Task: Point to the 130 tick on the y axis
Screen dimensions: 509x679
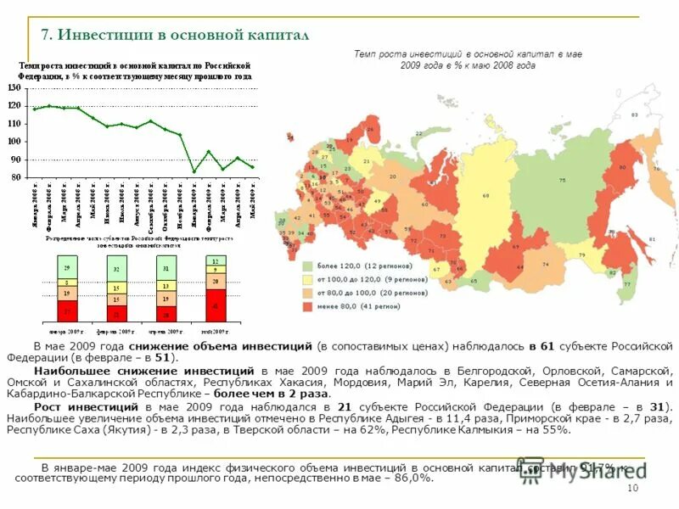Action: click(x=14, y=88)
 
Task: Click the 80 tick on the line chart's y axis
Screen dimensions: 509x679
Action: click(x=16, y=178)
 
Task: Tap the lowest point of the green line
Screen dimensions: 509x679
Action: click(x=194, y=171)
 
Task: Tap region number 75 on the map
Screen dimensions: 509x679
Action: click(x=563, y=180)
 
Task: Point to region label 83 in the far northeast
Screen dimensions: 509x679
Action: click(x=634, y=115)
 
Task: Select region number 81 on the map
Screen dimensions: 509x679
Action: click(x=652, y=240)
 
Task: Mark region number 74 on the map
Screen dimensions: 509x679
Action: click(x=546, y=265)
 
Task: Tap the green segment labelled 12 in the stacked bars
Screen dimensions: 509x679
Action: click(x=216, y=260)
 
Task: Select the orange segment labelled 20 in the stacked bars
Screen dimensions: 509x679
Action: click(x=216, y=281)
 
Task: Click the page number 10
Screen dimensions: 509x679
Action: click(x=631, y=489)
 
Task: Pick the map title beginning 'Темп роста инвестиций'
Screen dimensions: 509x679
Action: click(x=468, y=59)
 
